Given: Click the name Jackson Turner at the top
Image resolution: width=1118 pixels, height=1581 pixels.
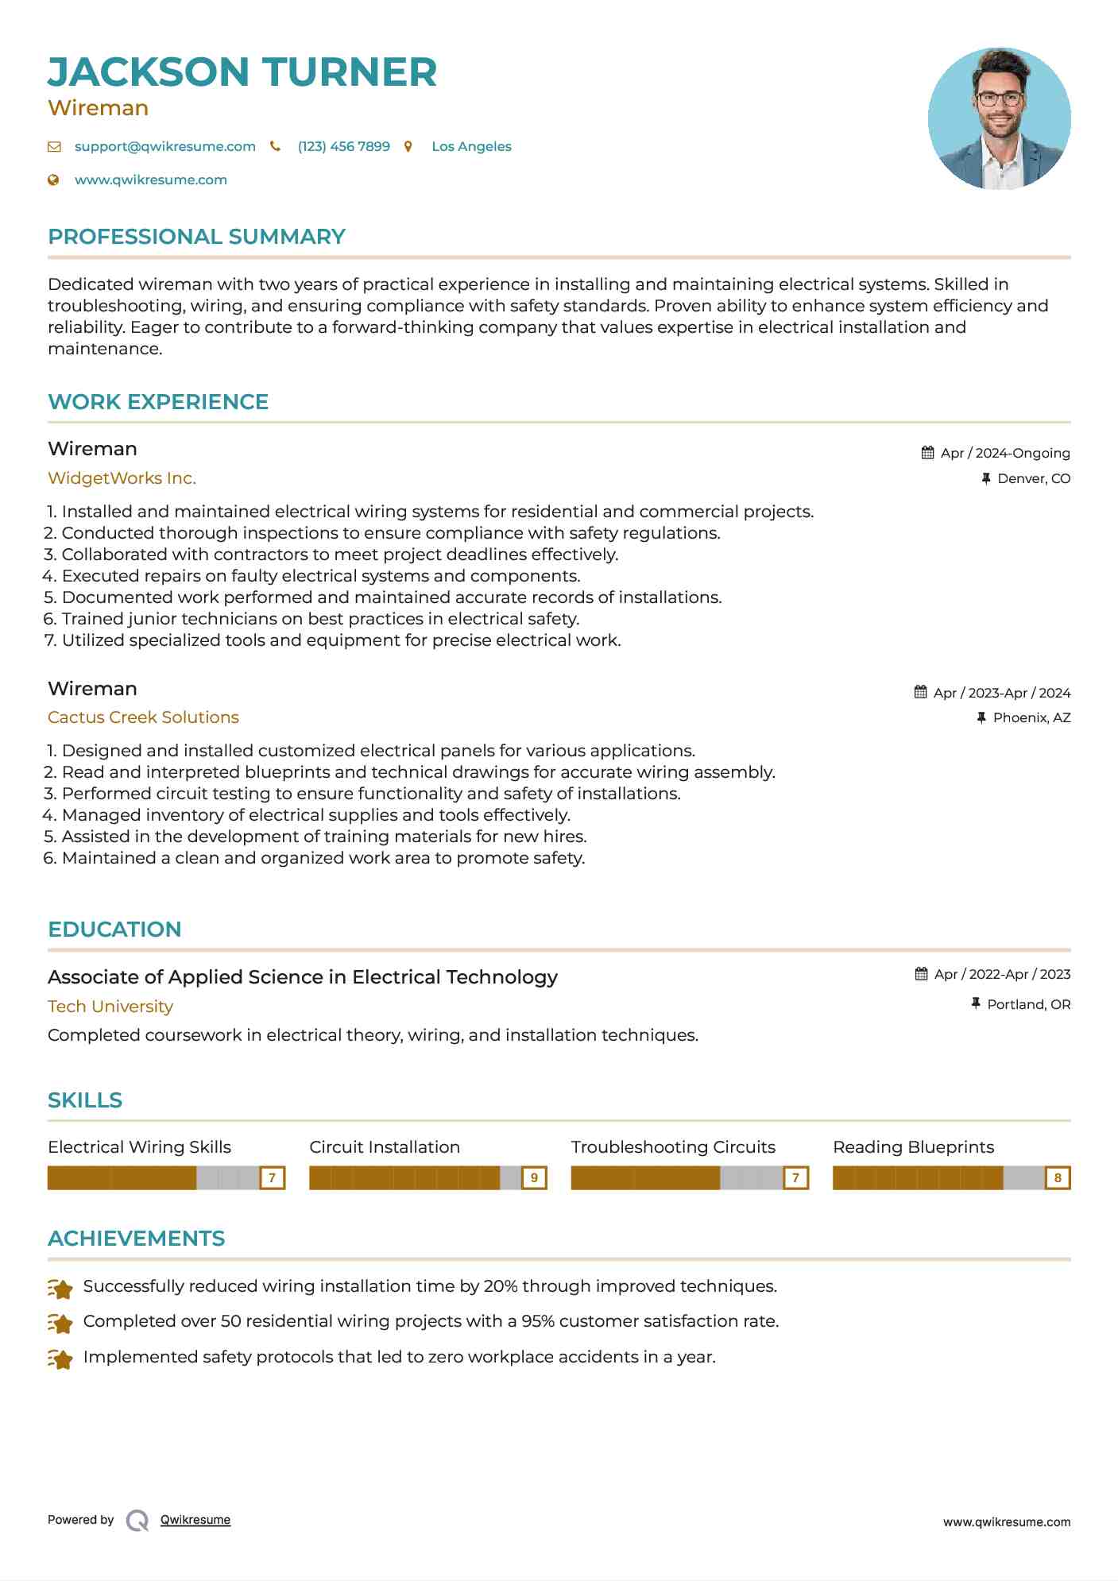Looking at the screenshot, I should point(242,72).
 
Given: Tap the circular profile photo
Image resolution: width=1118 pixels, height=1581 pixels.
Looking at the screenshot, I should point(999,118).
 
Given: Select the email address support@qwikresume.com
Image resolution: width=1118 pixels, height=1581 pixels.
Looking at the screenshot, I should point(164,146).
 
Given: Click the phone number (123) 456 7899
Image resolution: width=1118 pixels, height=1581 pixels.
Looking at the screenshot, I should point(343,146).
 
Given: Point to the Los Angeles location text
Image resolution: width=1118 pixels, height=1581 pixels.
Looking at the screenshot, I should point(471,146).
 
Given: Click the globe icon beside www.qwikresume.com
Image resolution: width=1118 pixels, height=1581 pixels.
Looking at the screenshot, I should point(54,180).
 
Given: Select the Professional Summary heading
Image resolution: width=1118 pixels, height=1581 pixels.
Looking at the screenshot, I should point(196,237).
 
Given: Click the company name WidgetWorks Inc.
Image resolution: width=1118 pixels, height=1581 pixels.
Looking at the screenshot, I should point(122,478).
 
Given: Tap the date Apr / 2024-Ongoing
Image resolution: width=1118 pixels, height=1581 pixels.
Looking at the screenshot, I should point(1004,453).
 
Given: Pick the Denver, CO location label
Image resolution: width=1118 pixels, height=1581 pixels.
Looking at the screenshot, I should point(1034,478).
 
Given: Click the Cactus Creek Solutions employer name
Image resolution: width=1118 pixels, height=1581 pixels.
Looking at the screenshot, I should point(143,717).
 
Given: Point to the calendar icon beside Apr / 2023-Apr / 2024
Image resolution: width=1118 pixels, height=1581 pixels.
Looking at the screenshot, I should point(920,692).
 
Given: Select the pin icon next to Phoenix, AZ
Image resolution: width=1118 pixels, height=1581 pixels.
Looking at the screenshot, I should point(981,717).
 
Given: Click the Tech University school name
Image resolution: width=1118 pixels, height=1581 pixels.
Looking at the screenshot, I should point(110,1007).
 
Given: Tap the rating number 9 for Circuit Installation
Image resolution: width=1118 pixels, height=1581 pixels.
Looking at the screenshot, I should point(534,1177).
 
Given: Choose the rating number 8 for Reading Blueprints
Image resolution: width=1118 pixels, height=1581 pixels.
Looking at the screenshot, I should point(1058,1177).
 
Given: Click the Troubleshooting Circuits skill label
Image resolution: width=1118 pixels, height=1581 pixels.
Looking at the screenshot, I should point(673,1147).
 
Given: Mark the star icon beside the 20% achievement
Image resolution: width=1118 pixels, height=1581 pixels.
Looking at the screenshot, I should point(60,1288).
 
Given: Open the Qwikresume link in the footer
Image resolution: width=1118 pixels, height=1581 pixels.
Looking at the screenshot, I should point(195,1520).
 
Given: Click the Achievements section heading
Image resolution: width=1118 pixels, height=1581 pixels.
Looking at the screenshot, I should point(136,1239).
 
